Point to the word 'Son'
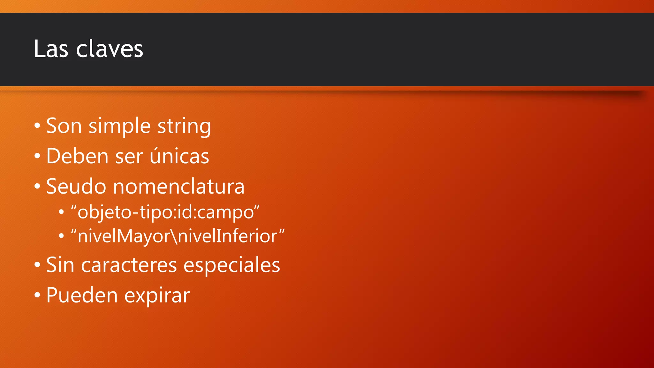coord(64,126)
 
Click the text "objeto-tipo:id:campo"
coord(165,212)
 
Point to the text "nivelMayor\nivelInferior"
coord(178,236)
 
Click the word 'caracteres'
coord(129,265)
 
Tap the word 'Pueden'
coord(82,295)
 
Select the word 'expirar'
coord(157,296)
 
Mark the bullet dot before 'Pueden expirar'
coord(37,295)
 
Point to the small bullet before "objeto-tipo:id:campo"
coord(61,212)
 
